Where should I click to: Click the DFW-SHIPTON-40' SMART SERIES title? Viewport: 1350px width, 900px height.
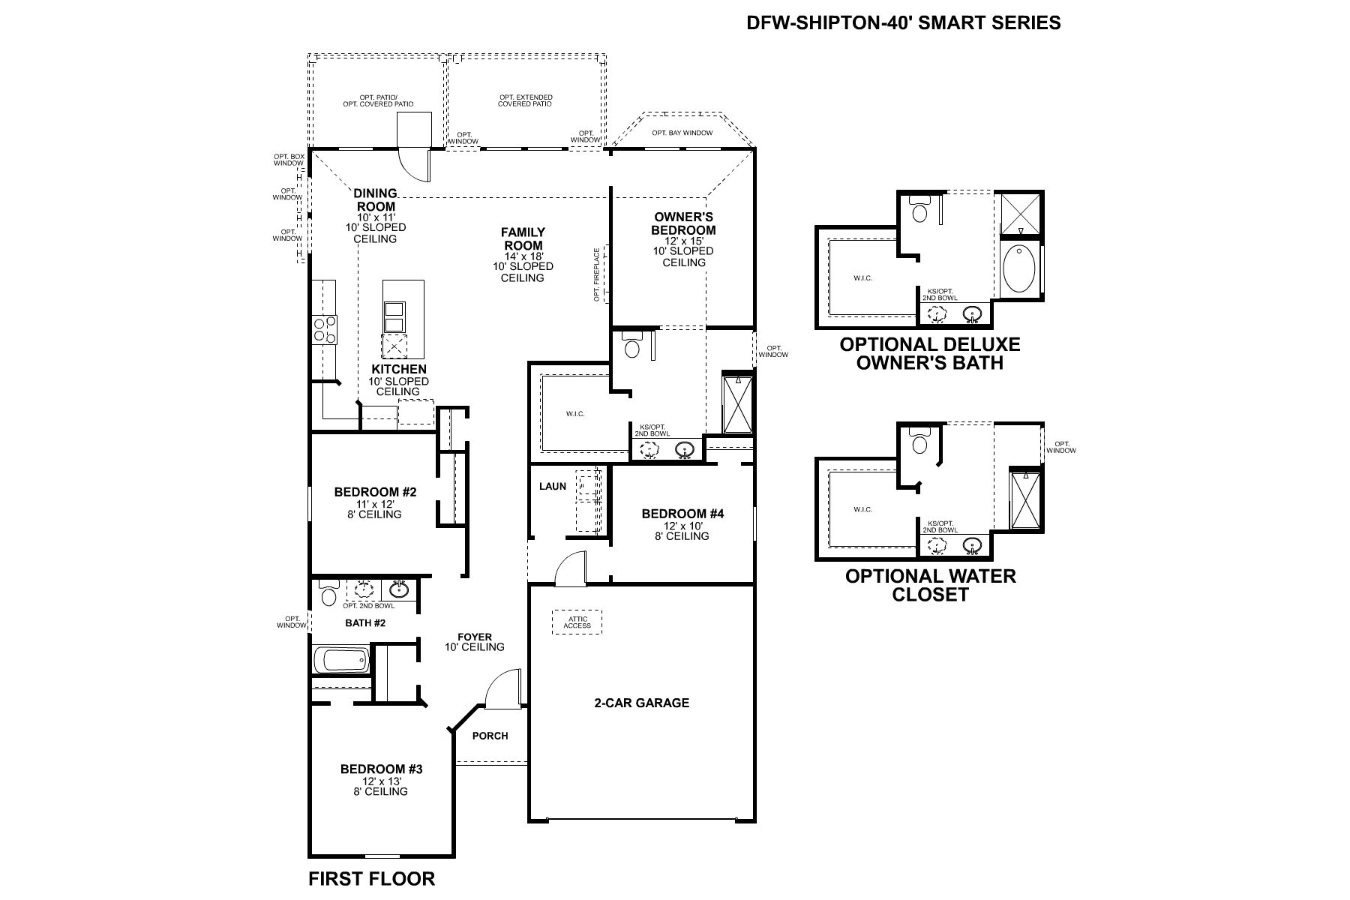click(903, 22)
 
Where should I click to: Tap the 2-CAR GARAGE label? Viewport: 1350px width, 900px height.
click(641, 703)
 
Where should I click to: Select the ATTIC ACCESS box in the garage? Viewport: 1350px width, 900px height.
click(577, 622)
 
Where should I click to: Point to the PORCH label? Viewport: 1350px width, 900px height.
click(490, 736)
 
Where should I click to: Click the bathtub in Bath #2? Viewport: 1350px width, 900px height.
click(341, 661)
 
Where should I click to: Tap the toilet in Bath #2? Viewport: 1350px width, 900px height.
click(328, 595)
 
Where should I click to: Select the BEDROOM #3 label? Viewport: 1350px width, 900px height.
click(381, 769)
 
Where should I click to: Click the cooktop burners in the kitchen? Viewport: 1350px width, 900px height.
click(325, 328)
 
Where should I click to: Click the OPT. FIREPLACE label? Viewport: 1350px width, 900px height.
click(598, 274)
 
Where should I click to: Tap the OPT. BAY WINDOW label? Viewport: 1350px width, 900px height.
click(682, 133)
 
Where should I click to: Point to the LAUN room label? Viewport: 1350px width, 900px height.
click(553, 486)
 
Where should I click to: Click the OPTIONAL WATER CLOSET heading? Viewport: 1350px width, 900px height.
click(930, 585)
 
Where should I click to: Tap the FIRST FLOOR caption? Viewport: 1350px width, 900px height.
click(371, 878)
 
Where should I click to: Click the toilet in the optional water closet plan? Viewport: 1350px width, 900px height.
click(919, 444)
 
